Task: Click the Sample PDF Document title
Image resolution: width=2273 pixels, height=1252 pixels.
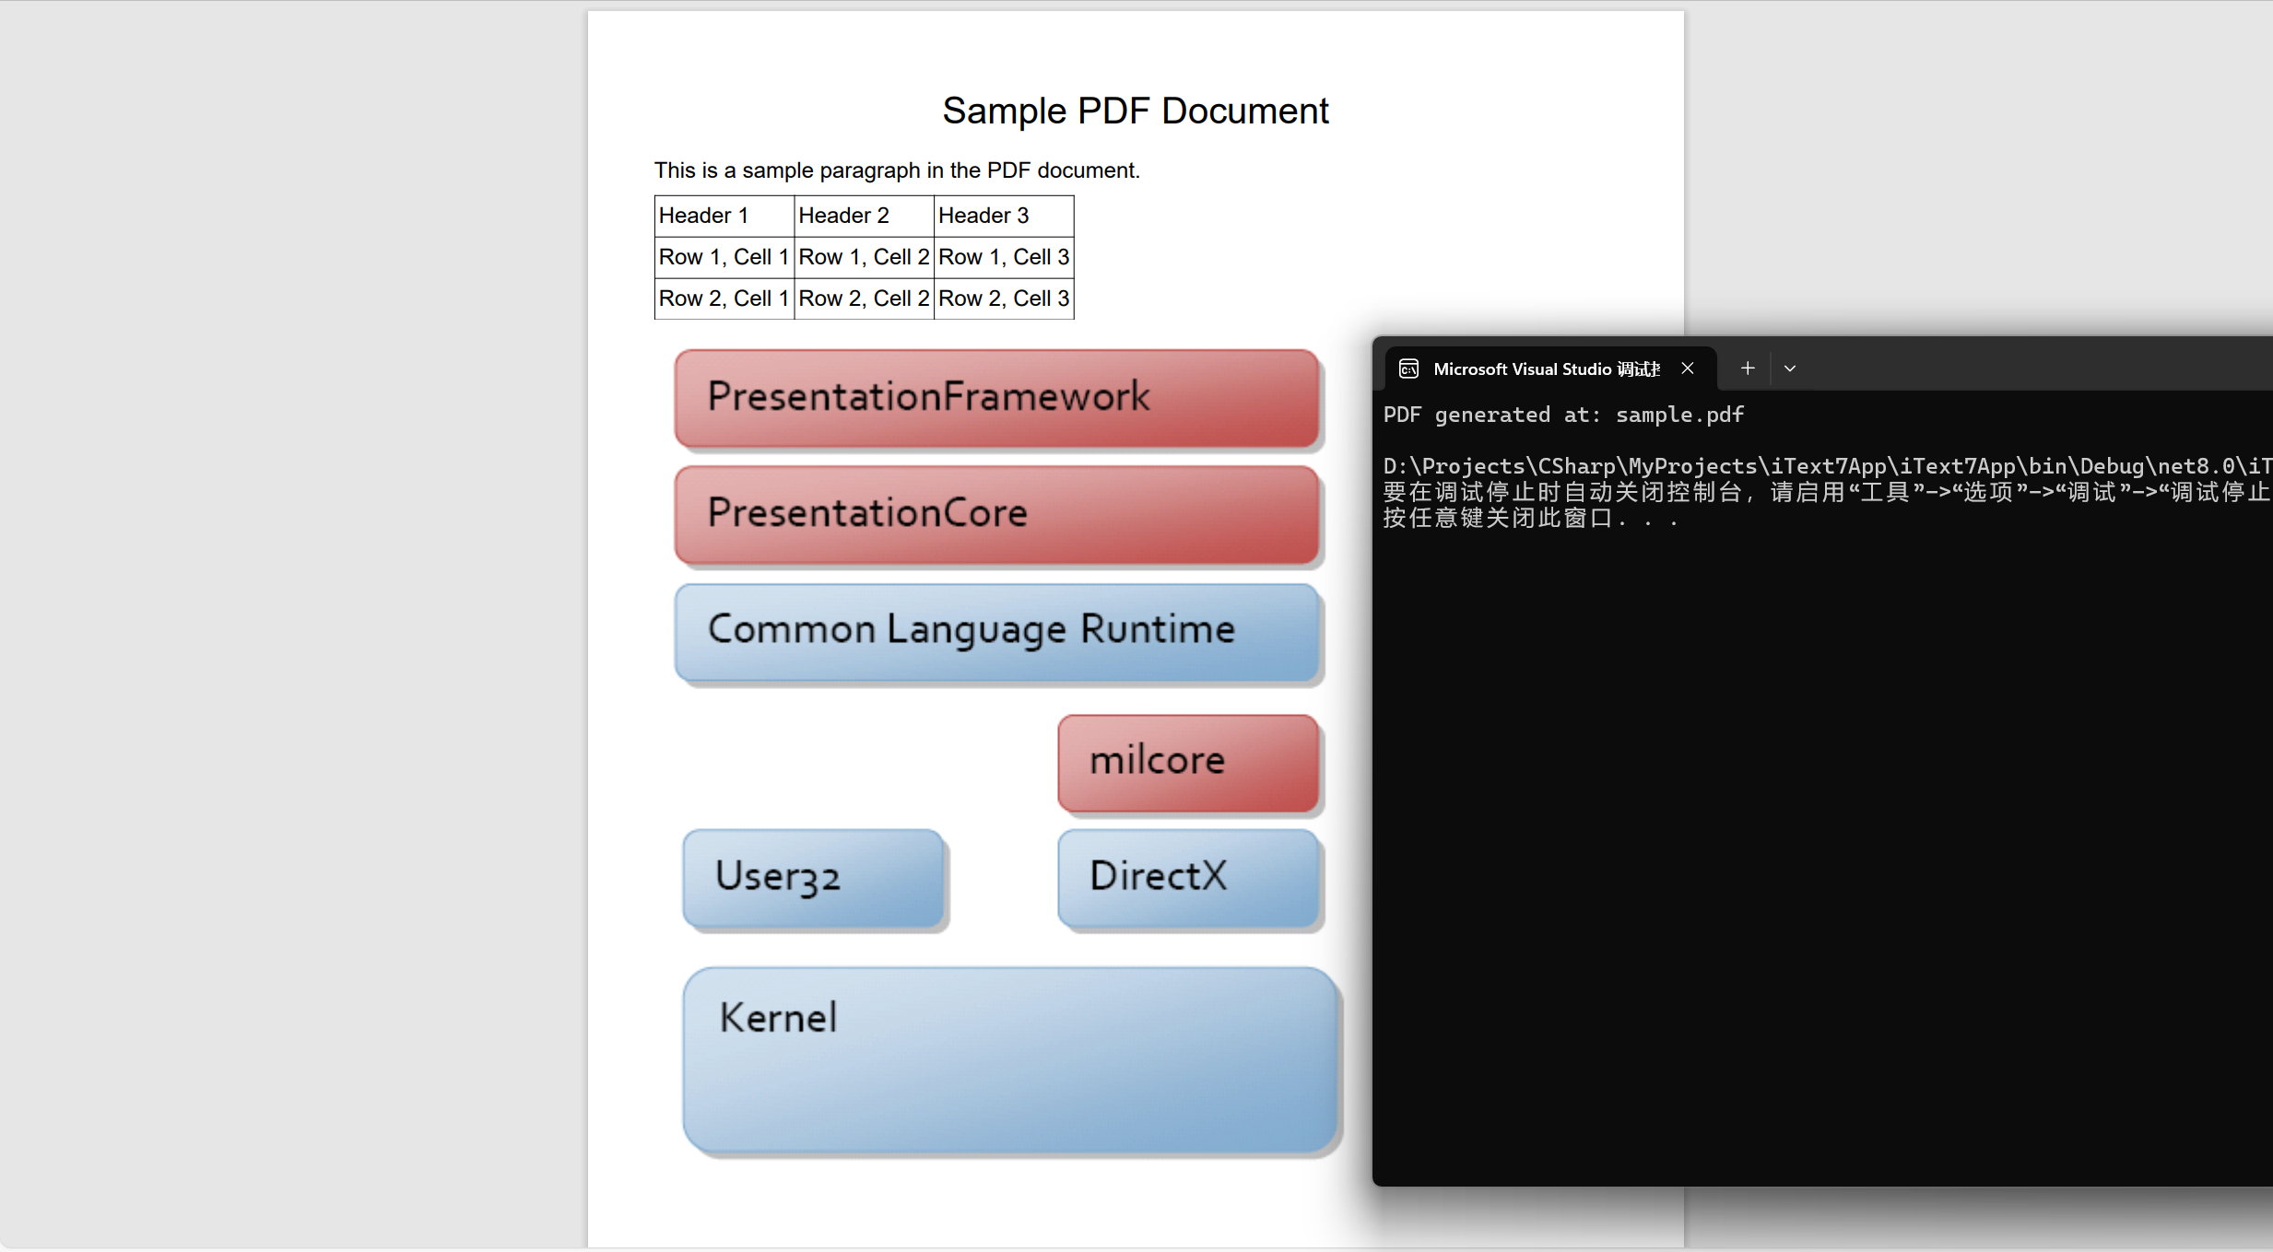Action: (1135, 111)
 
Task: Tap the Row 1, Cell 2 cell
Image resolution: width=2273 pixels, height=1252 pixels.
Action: (864, 257)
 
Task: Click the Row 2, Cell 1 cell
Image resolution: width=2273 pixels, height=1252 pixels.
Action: (724, 298)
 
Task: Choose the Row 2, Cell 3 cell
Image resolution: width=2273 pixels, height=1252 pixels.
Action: (1003, 298)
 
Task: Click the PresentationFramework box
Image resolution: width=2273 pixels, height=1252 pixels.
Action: (995, 398)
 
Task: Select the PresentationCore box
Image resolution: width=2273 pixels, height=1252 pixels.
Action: (995, 514)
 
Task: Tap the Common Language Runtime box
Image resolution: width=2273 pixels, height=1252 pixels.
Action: (995, 631)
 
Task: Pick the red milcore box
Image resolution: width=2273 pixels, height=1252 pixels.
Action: (1187, 762)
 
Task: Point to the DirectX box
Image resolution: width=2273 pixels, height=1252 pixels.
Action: (1187, 877)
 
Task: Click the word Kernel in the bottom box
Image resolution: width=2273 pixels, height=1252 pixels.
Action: (778, 1018)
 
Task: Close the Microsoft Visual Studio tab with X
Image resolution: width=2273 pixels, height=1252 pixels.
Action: (1688, 369)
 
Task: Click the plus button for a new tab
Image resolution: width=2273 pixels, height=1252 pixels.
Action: (1747, 369)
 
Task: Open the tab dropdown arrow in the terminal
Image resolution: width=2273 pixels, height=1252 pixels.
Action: (1790, 369)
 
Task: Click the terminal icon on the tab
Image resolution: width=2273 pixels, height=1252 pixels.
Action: (1408, 369)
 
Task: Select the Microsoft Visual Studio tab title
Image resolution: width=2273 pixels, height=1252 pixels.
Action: (1546, 369)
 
